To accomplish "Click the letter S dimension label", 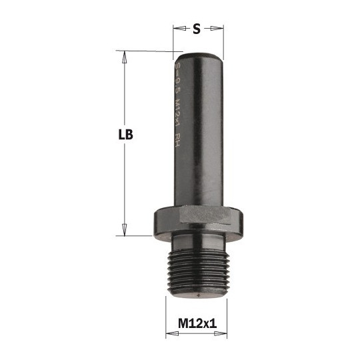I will [197, 29].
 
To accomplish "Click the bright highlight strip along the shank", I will [207, 127].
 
